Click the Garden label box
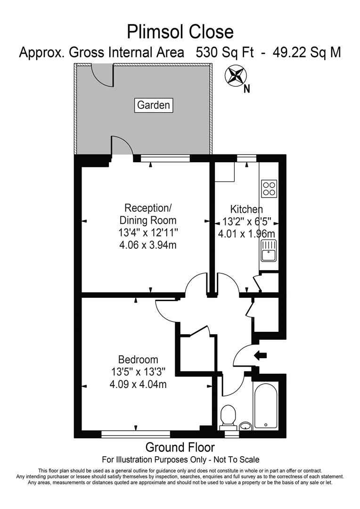tap(154, 105)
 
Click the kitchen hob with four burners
tap(269, 189)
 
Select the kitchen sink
tap(269, 250)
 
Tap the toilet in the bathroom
tap(229, 415)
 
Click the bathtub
tap(266, 405)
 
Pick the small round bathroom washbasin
tap(245, 427)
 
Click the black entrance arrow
tap(260, 355)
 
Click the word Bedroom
tap(138, 360)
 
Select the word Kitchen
tap(246, 209)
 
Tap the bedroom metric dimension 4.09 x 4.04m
tap(138, 384)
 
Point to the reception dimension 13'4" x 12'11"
tap(148, 232)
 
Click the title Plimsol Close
tap(180, 32)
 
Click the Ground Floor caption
tap(180, 447)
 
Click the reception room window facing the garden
tap(165, 158)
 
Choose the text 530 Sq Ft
tap(225, 53)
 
